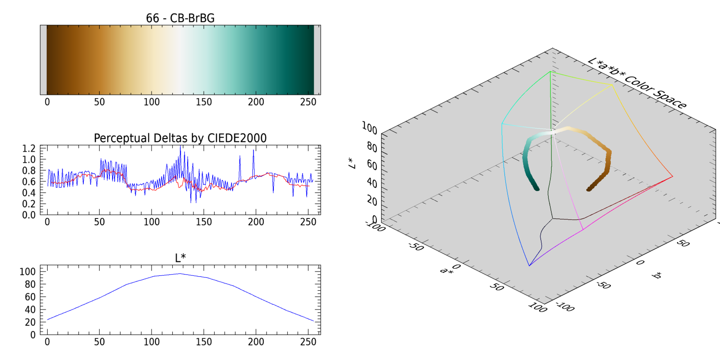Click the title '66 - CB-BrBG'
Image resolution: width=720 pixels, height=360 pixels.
click(x=180, y=18)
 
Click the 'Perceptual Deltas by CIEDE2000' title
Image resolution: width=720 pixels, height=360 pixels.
click(x=180, y=138)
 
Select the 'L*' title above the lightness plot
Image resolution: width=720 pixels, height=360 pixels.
click(x=180, y=258)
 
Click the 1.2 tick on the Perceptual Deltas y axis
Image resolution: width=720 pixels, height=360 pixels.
click(x=29, y=148)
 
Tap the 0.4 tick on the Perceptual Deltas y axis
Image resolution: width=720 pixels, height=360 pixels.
click(x=29, y=193)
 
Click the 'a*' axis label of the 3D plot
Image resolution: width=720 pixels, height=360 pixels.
click(x=446, y=270)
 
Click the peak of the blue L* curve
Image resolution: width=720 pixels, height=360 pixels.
click(x=180, y=273)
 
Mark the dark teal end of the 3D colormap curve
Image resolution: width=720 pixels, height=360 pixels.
click(x=536, y=189)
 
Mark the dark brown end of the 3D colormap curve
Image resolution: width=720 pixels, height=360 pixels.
click(x=589, y=190)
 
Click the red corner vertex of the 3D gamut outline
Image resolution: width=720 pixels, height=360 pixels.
click(x=672, y=177)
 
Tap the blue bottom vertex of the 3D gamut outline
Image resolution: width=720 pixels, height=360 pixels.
click(x=529, y=265)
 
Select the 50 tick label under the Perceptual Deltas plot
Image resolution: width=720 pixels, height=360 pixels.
click(x=99, y=222)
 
